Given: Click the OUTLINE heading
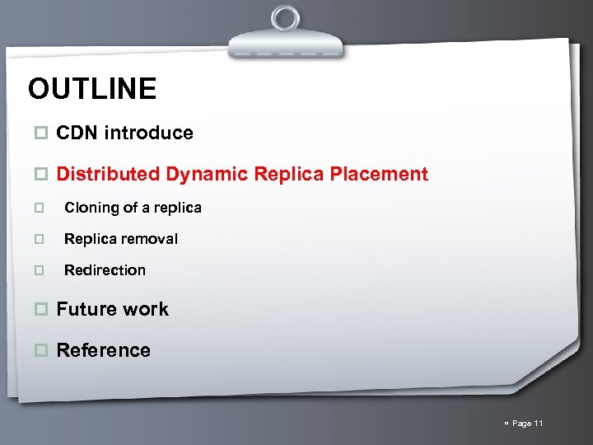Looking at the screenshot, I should click(x=91, y=89).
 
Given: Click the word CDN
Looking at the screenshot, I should click(x=77, y=133).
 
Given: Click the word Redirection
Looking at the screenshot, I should click(x=105, y=270).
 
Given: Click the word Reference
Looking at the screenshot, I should click(x=103, y=350).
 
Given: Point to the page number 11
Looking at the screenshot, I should click(x=539, y=424).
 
